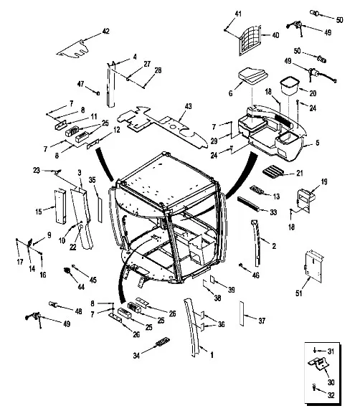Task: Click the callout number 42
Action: (x=105, y=32)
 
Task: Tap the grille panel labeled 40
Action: (x=250, y=41)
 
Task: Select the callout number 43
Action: (x=188, y=106)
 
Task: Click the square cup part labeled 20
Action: (x=290, y=86)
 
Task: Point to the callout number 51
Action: (x=299, y=293)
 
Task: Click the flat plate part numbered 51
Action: (x=314, y=266)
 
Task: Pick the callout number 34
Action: (x=136, y=356)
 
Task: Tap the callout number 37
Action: (x=262, y=321)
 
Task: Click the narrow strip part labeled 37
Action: (x=242, y=313)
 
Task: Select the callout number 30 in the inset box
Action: (x=331, y=382)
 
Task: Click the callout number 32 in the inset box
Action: (x=331, y=395)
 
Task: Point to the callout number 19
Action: (x=324, y=181)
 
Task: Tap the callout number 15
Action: (x=39, y=212)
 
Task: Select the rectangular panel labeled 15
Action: (x=60, y=206)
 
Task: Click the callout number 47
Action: (x=80, y=84)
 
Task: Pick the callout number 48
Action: (x=79, y=311)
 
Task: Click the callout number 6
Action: (x=230, y=93)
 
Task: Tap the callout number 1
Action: (x=212, y=355)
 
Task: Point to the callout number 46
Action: (x=256, y=275)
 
